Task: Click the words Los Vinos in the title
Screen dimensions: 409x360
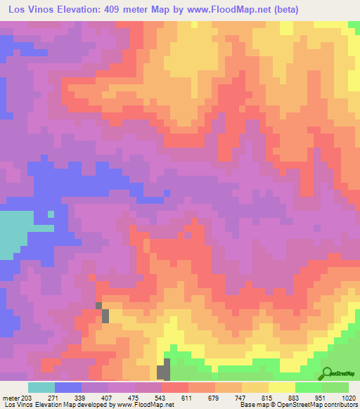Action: [31, 10]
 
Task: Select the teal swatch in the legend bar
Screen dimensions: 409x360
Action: [41, 387]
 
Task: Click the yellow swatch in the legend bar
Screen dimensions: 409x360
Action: [281, 387]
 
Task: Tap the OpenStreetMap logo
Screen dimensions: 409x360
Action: [328, 372]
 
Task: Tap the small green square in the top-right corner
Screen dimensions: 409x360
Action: [354, 25]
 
